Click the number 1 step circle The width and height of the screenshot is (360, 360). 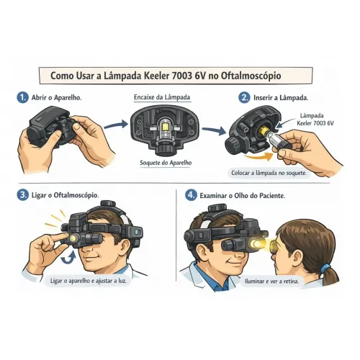click(x=22, y=98)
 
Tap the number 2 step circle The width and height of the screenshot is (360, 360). click(x=244, y=98)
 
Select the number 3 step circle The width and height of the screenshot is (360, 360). click(x=22, y=195)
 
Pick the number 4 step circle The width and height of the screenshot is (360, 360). click(x=191, y=195)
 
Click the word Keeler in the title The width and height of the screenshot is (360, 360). click(x=156, y=76)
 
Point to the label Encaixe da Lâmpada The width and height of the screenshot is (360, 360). click(x=162, y=97)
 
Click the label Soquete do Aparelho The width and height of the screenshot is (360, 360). click(x=166, y=163)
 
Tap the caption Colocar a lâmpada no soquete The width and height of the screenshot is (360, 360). click(x=269, y=173)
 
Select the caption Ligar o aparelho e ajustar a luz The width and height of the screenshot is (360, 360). click(x=89, y=281)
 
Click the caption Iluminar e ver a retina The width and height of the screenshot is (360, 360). click(x=272, y=281)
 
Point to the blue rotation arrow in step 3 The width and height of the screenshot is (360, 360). click(x=68, y=259)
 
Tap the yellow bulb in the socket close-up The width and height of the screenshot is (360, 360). click(x=166, y=126)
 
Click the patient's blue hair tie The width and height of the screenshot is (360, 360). click(x=325, y=268)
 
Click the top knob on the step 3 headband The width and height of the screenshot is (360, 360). click(x=108, y=203)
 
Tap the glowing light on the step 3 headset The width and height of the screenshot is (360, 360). click(x=73, y=238)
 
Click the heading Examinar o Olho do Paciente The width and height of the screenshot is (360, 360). click(x=243, y=196)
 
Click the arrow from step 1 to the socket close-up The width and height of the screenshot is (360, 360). click(x=116, y=125)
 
